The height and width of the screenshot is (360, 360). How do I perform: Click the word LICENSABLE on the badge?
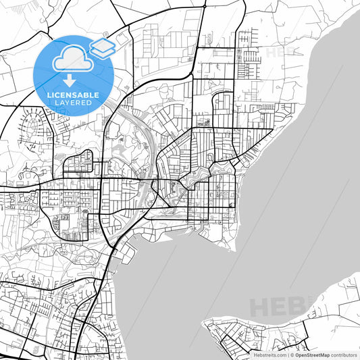tap(73, 95)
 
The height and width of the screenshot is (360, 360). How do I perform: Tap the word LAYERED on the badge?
tap(73, 103)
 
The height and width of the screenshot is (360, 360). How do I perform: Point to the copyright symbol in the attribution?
tap(291, 355)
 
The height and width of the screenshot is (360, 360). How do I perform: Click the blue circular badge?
tap(73, 74)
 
